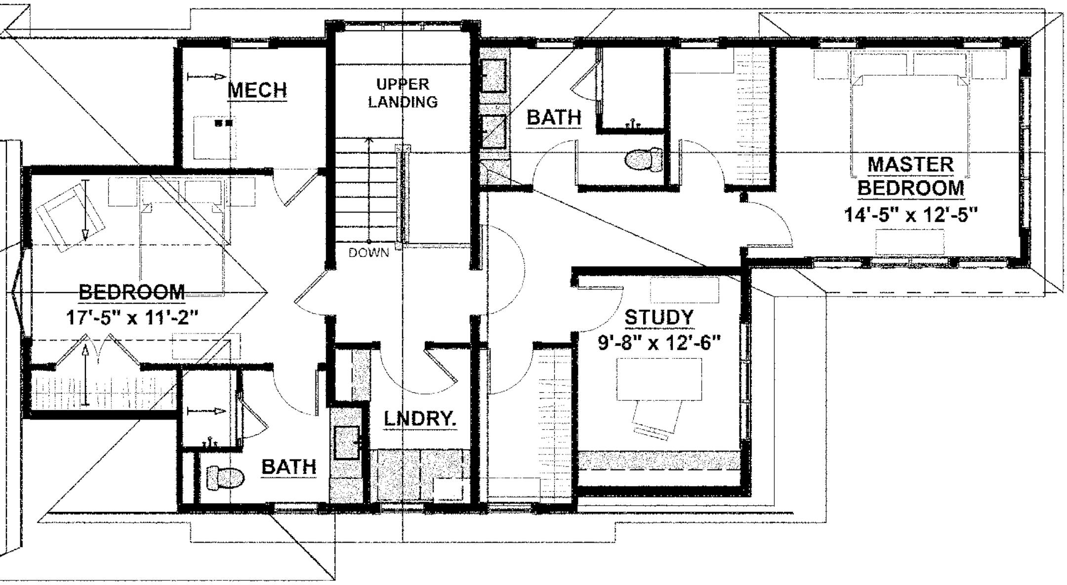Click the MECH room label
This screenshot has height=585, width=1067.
point(257,90)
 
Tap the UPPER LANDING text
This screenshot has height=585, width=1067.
point(403,93)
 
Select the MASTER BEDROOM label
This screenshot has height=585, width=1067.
point(910,176)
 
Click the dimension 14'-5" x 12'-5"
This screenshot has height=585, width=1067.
point(910,215)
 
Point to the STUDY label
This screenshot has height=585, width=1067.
point(659,318)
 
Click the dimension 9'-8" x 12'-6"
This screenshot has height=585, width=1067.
point(659,342)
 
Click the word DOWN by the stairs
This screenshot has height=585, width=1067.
point(369,253)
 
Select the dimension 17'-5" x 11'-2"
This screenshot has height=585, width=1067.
point(132,317)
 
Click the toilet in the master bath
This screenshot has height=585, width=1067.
point(644,160)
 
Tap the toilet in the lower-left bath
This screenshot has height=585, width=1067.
point(225,478)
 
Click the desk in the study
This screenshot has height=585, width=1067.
point(659,379)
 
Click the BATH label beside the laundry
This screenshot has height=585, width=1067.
point(288,466)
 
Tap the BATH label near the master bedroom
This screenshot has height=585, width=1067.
point(554,118)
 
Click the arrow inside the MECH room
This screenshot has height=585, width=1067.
point(206,77)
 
